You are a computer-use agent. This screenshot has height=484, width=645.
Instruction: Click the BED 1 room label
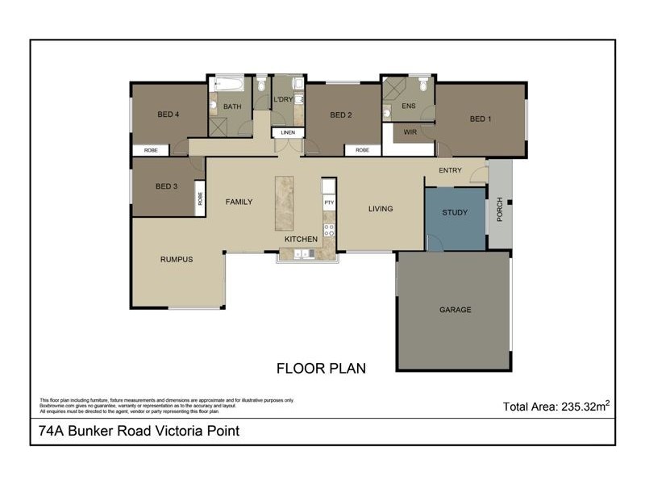click(x=481, y=119)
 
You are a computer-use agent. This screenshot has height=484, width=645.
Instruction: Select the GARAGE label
click(x=455, y=310)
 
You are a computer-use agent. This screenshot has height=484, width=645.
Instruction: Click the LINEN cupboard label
click(x=288, y=132)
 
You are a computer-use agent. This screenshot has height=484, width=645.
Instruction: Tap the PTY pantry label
click(x=329, y=203)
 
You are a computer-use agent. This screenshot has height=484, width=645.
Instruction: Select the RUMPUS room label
click(x=176, y=259)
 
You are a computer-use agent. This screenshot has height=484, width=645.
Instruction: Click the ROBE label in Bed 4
click(x=151, y=150)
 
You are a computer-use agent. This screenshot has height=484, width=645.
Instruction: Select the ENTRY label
click(x=450, y=170)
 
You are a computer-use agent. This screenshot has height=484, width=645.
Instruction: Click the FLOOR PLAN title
click(x=322, y=369)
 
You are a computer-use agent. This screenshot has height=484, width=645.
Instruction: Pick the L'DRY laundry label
click(x=283, y=98)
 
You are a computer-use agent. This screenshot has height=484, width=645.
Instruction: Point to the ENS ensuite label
click(x=408, y=106)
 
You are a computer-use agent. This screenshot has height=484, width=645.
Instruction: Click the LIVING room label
click(x=381, y=209)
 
